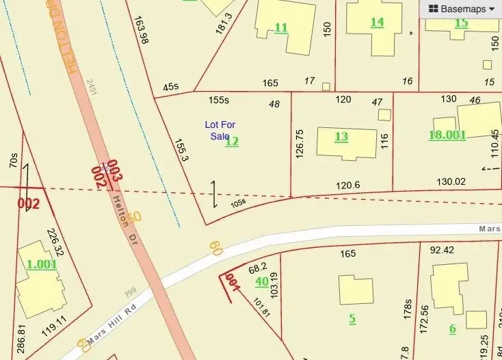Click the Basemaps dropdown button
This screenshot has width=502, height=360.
[462, 9]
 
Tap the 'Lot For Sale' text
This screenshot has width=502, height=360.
[219, 130]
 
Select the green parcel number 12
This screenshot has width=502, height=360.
[232, 142]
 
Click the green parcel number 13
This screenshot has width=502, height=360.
[341, 136]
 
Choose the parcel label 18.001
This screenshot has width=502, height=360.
[447, 135]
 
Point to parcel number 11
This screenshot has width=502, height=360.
[280, 27]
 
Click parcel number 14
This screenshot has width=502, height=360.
[377, 22]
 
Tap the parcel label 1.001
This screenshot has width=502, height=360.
[41, 264]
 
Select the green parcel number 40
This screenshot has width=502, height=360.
[261, 281]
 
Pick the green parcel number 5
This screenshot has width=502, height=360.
[352, 318]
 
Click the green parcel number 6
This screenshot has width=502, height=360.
[452, 329]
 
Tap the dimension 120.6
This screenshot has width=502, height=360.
[347, 185]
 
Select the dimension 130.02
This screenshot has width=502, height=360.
[451, 181]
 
